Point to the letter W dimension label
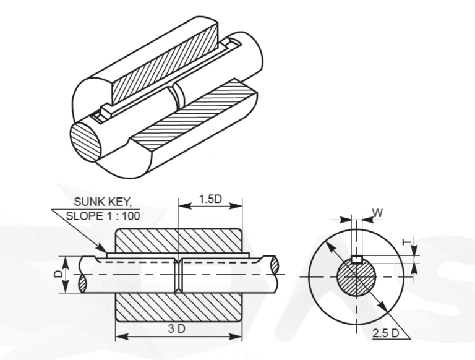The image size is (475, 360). [377, 214]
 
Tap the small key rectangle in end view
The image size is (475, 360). [356, 259]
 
